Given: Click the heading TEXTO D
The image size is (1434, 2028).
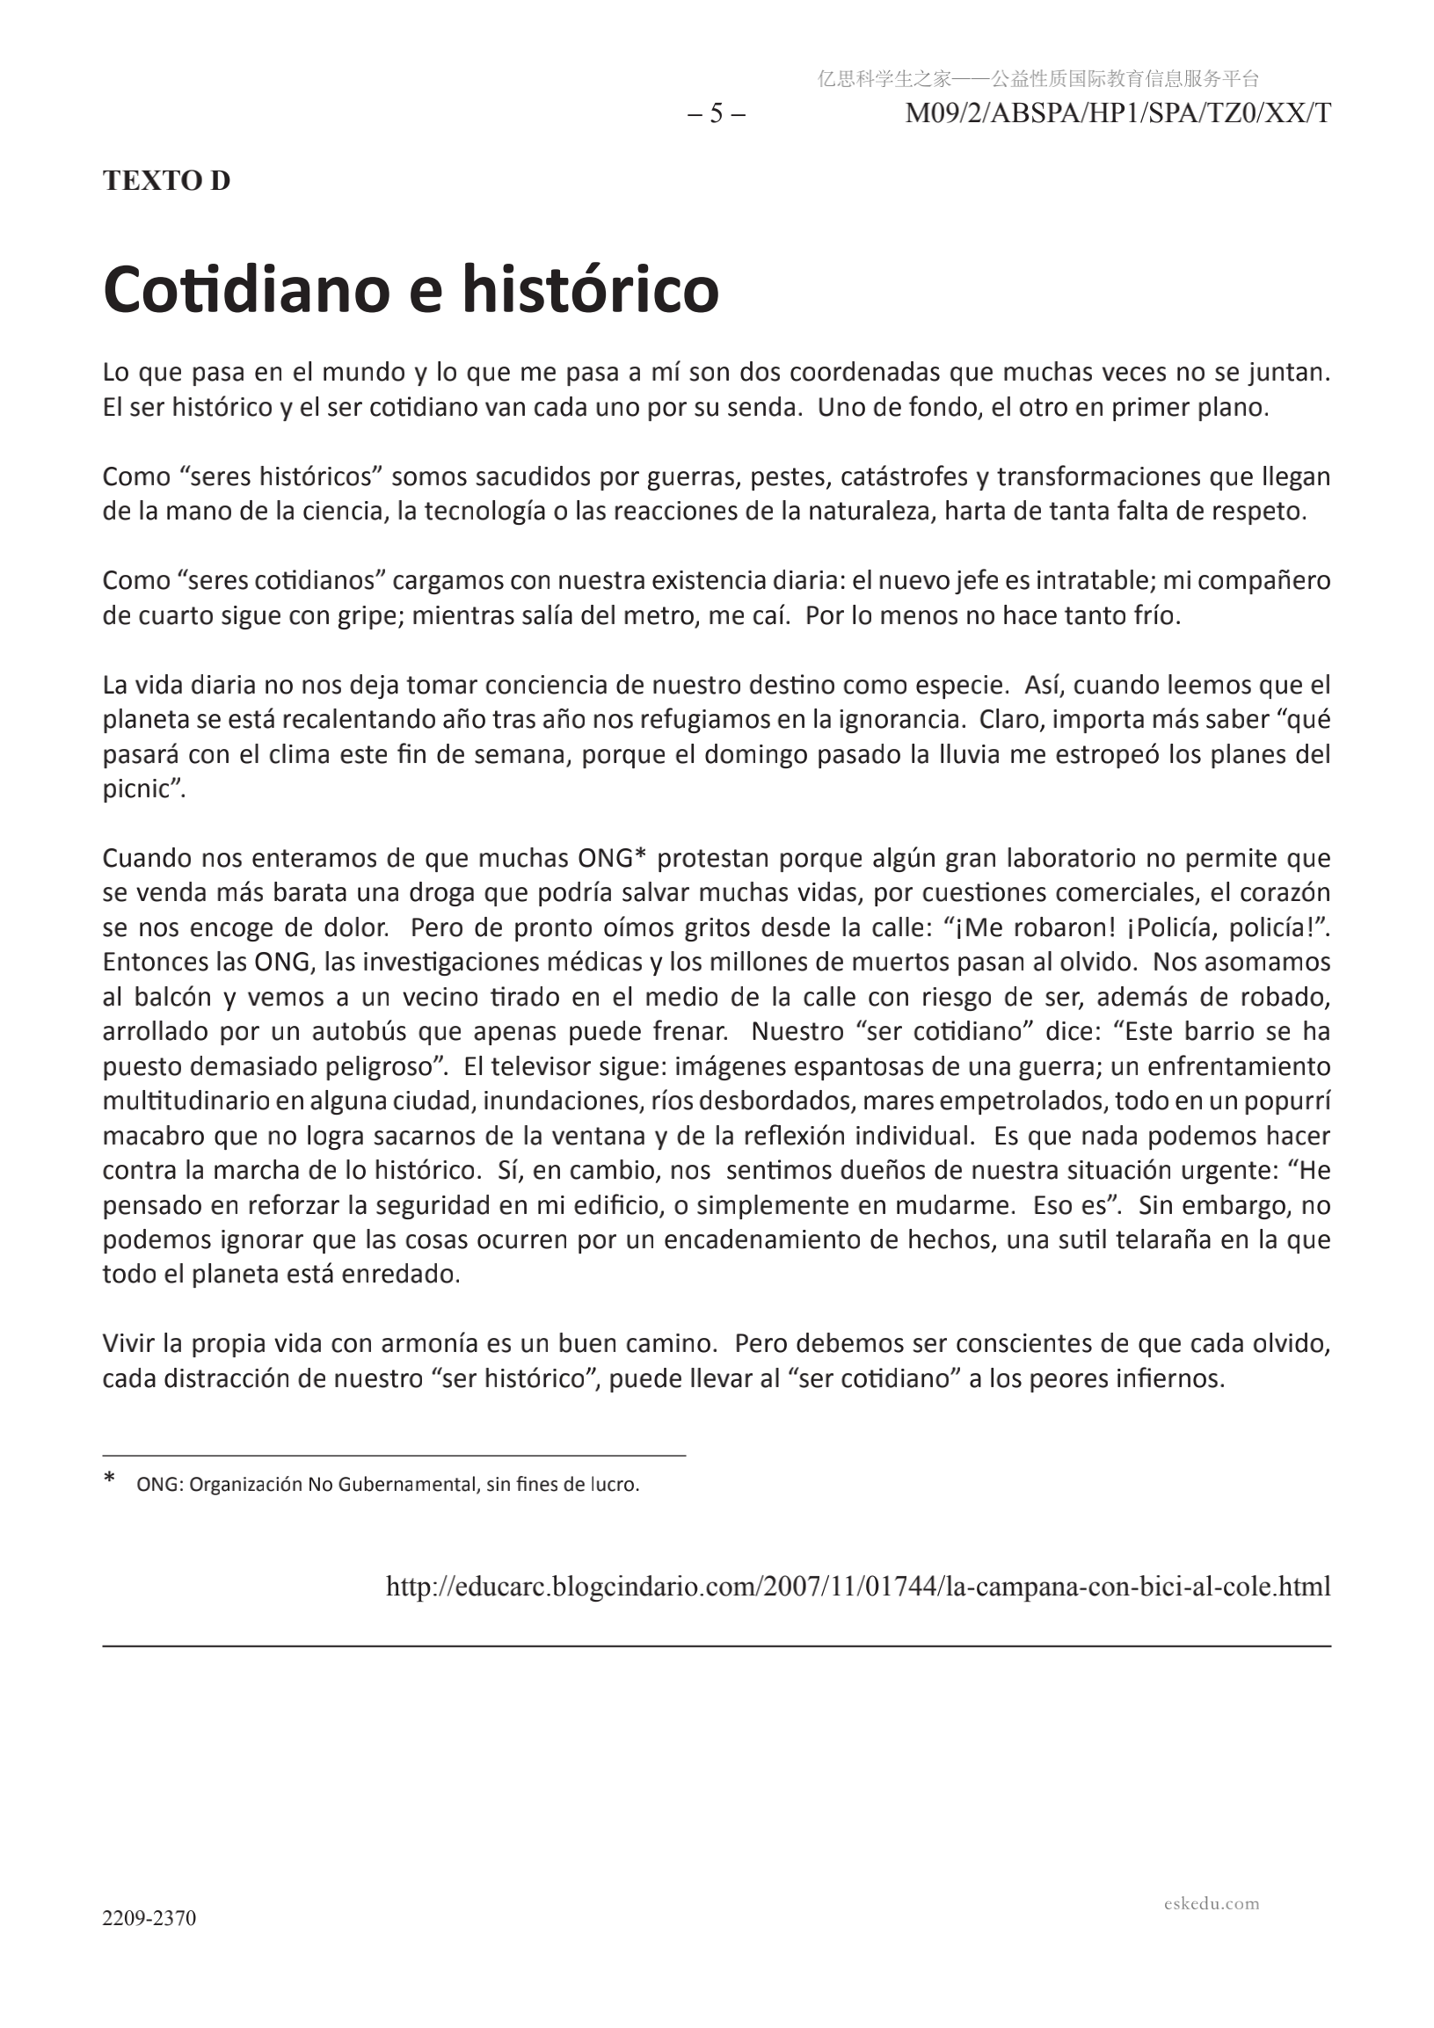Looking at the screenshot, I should [x=166, y=180].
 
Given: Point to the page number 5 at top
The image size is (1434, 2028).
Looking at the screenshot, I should [x=716, y=114].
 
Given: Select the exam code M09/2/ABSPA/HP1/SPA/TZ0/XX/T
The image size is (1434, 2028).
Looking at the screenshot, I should [x=1117, y=114].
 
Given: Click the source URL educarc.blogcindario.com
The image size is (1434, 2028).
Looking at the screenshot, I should [x=858, y=1587].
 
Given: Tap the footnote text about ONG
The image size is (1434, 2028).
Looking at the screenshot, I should [x=388, y=1485].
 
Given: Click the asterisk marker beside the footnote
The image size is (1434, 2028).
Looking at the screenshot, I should [x=110, y=1480].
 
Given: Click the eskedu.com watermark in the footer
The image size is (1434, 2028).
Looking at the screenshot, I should [x=1212, y=1902].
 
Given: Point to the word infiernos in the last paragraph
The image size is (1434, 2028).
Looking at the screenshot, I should [x=1175, y=1378].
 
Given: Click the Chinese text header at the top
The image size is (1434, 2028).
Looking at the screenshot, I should [x=1038, y=79].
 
